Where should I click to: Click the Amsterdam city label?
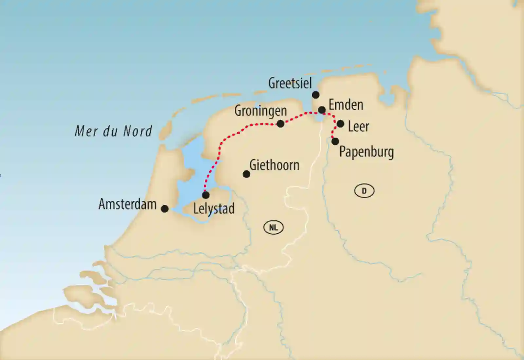click(x=127, y=204)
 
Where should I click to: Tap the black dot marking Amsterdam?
click(x=165, y=209)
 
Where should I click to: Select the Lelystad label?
click(x=214, y=209)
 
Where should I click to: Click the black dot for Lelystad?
click(x=206, y=195)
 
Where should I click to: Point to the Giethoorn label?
click(x=274, y=165)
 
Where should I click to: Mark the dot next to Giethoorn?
click(x=246, y=174)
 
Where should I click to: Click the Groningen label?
click(x=260, y=111)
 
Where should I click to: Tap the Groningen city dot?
click(x=281, y=124)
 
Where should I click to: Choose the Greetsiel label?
click(x=290, y=83)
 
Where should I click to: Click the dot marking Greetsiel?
click(x=315, y=95)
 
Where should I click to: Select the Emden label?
click(x=346, y=105)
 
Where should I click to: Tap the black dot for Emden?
click(x=322, y=110)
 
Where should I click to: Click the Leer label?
click(x=358, y=126)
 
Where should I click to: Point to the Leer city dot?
click(x=340, y=124)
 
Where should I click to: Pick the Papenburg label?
click(x=366, y=152)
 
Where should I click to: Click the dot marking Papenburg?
click(x=335, y=142)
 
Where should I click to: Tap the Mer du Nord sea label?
click(x=113, y=131)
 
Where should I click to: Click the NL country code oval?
click(x=273, y=227)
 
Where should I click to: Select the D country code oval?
click(x=364, y=191)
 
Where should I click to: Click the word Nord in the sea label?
click(x=138, y=131)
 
